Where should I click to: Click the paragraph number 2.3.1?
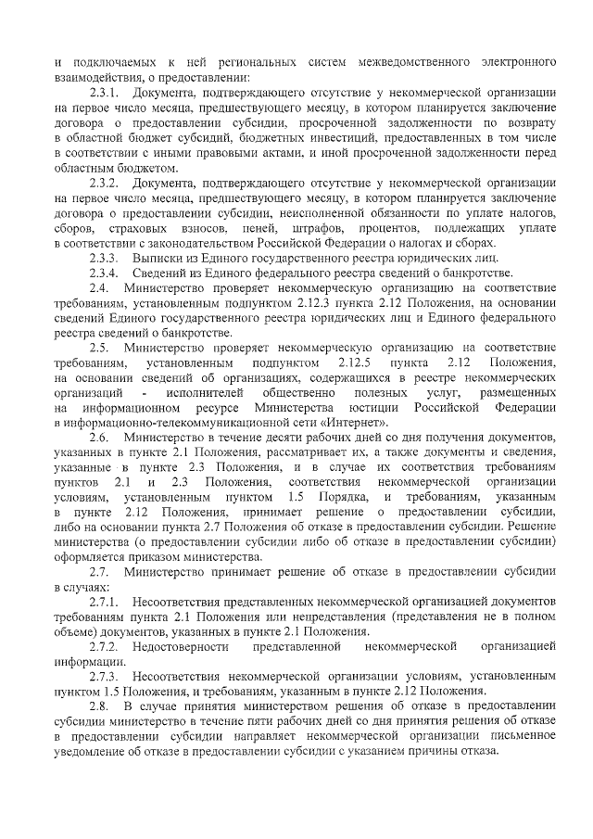click(x=103, y=93)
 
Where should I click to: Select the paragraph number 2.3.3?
click(x=103, y=257)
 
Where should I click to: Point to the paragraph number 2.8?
click(x=98, y=706)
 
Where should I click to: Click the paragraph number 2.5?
click(x=98, y=347)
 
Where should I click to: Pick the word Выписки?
click(x=158, y=257)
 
